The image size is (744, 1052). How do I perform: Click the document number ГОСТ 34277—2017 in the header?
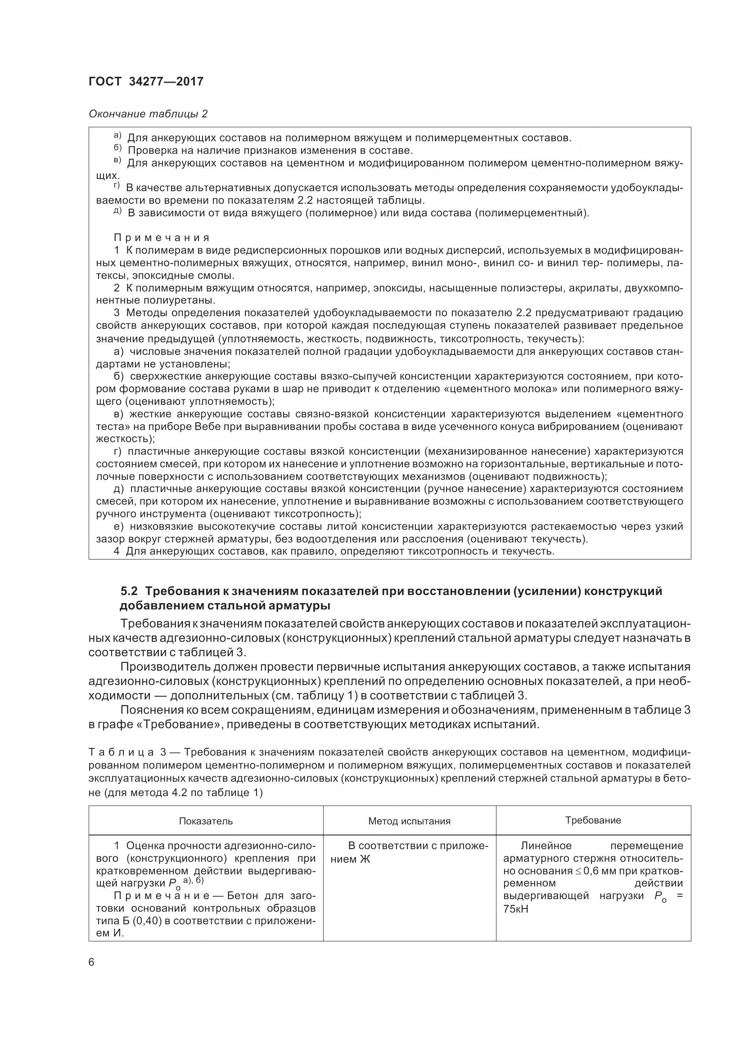tap(146, 81)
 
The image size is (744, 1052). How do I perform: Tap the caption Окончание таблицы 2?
tap(148, 114)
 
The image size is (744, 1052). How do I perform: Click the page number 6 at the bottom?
tap(91, 962)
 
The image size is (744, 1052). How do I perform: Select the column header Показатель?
tap(206, 821)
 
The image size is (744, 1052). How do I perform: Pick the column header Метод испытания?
tap(410, 821)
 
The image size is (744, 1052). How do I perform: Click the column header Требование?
tap(593, 820)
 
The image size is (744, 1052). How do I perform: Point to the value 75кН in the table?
tap(516, 909)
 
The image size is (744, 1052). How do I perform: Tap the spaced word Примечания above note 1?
tap(162, 238)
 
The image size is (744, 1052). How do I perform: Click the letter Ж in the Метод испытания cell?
tap(365, 859)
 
